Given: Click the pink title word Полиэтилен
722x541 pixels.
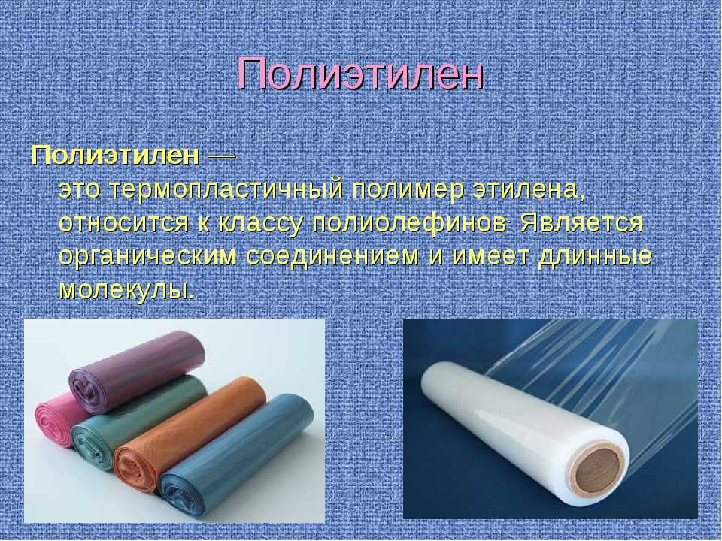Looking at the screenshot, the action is [360, 74].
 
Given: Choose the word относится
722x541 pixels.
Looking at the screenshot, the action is [124, 223].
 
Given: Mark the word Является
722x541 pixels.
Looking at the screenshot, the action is [581, 223].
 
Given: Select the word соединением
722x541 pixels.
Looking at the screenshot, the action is [332, 256].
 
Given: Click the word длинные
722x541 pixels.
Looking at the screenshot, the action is [595, 257].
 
